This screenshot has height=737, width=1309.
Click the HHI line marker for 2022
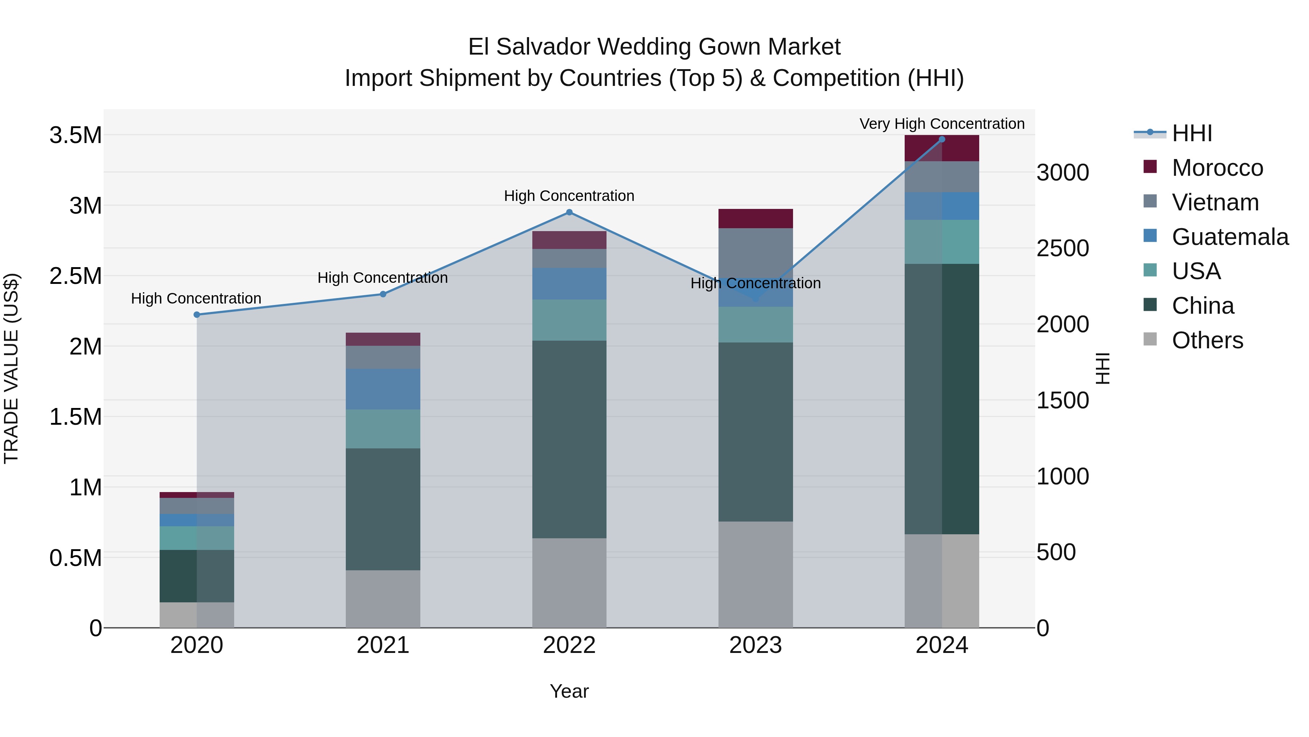[x=569, y=212]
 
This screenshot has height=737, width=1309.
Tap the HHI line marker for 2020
[x=197, y=315]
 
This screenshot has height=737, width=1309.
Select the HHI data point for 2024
[x=942, y=139]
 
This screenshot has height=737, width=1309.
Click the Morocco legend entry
[x=1217, y=168]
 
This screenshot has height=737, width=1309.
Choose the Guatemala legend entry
[x=1230, y=237]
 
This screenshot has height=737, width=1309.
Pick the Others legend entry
[x=1207, y=340]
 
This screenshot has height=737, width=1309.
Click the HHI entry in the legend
[x=1192, y=133]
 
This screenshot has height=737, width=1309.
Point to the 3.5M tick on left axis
[x=75, y=135]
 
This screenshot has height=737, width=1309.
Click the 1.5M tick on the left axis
[x=75, y=417]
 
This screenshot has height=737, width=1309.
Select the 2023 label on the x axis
[x=755, y=645]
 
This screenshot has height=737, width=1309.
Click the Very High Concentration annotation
[x=942, y=124]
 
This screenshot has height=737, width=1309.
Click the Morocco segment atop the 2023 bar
[x=755, y=218]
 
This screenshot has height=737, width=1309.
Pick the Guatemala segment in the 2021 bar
[x=383, y=389]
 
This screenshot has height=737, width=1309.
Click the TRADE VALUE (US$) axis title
[x=11, y=368]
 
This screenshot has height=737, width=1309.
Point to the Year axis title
[x=569, y=691]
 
